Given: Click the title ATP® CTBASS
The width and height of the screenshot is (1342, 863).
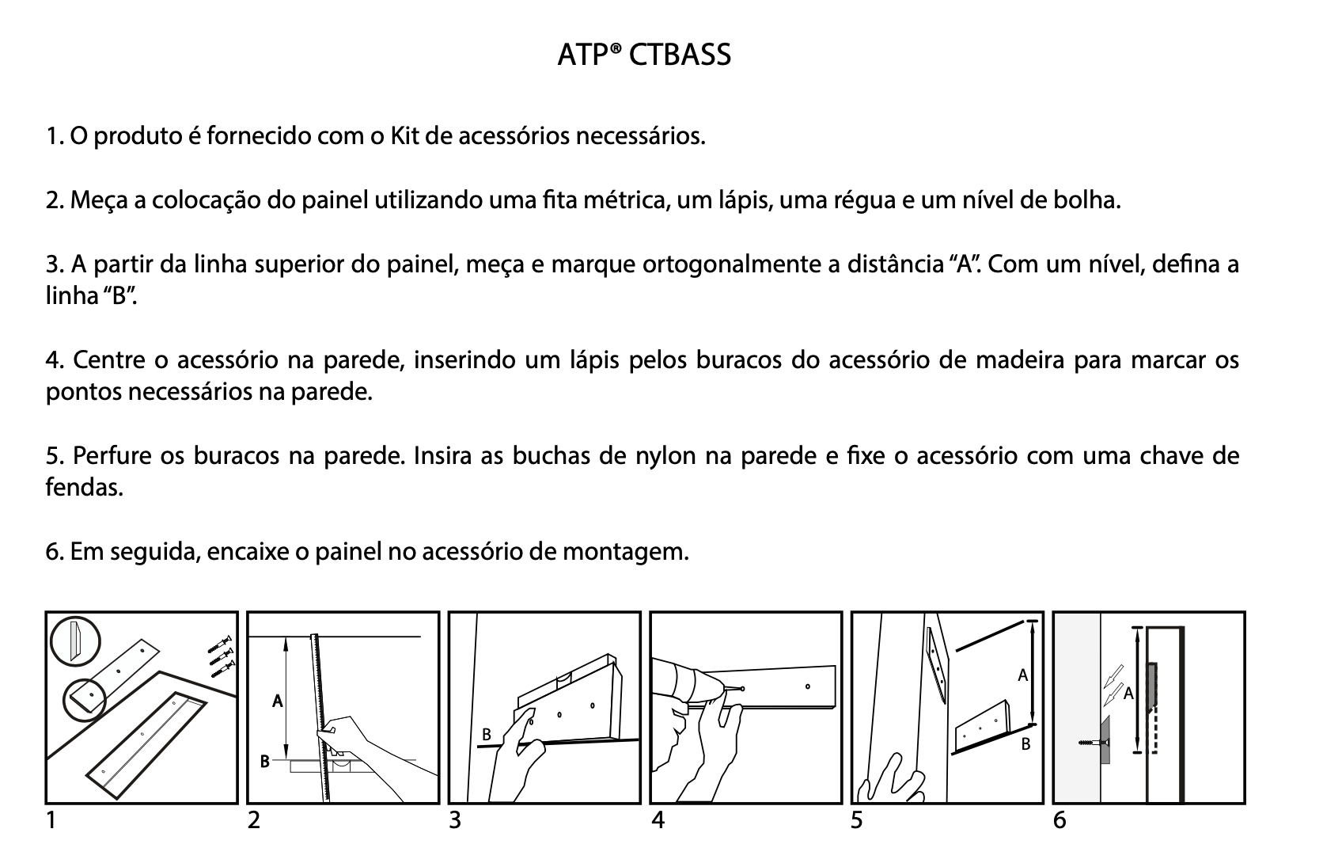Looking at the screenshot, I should pyautogui.click(x=643, y=55).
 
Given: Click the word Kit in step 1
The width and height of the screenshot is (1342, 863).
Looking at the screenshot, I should pyautogui.click(x=404, y=136).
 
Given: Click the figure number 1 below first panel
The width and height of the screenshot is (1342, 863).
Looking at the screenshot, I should pyautogui.click(x=51, y=821).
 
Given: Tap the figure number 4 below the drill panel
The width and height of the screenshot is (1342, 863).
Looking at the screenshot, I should pyautogui.click(x=658, y=821).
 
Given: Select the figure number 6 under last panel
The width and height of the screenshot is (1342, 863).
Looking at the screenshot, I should pyautogui.click(x=1060, y=821).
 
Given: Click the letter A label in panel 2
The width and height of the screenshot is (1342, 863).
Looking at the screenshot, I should pyautogui.click(x=277, y=701).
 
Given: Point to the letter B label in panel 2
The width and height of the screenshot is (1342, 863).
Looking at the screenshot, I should pyautogui.click(x=266, y=762).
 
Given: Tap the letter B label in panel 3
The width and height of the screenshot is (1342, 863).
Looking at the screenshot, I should pyautogui.click(x=487, y=736).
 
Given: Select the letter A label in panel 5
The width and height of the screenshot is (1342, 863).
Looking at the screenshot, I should pyautogui.click(x=1022, y=675).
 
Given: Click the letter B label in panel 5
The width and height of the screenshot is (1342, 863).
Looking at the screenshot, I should pyautogui.click(x=1025, y=744).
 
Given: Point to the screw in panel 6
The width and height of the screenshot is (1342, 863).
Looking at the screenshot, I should pyautogui.click(x=1091, y=743).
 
